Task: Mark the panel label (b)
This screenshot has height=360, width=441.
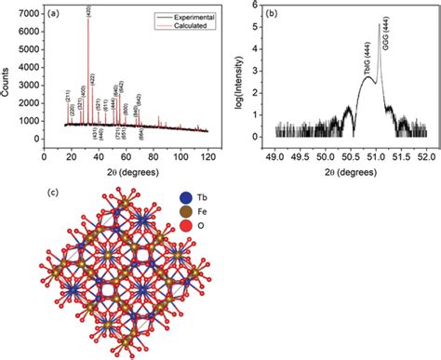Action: click(273, 13)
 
